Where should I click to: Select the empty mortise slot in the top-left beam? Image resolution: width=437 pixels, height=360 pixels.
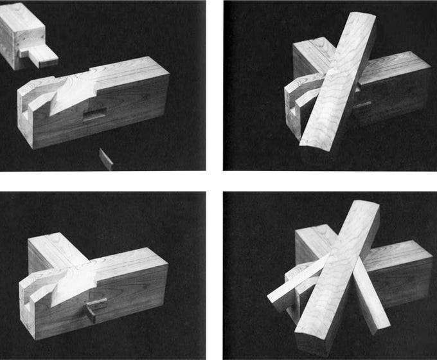point(94,116)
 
